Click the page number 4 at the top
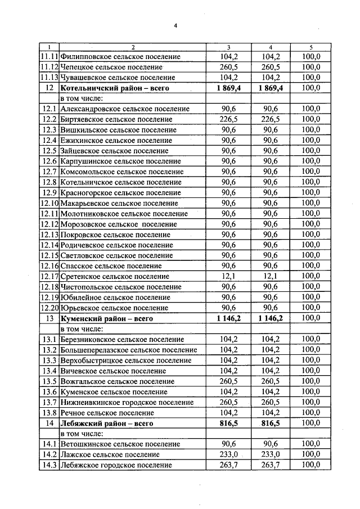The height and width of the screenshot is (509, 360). tap(175, 25)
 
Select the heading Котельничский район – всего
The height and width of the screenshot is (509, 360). tap(115, 88)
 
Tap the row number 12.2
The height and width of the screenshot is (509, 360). tap(49, 119)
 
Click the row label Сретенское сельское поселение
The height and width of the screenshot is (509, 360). tap(115, 276)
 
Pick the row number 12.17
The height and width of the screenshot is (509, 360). tap(49, 276)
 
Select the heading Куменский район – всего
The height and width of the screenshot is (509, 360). tap(107, 318)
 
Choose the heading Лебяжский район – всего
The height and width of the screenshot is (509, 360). tap(107, 423)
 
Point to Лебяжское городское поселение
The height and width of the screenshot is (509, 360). tap(116, 465)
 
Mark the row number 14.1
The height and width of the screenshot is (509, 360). tap(49, 444)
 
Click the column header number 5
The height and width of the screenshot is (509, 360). tap(310, 47)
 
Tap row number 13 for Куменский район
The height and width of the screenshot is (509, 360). tap(49, 318)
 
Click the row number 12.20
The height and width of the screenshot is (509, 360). tap(49, 308)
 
